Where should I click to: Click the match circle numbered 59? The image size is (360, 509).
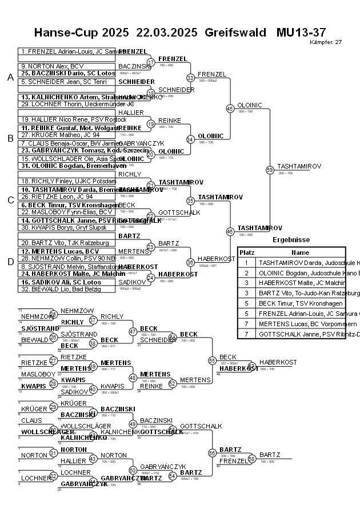[270, 170]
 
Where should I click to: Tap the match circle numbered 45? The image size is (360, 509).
[230, 108]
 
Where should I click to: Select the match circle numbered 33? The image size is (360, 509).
[190, 78]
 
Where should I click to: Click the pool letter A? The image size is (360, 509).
[10, 78]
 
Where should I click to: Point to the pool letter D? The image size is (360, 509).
[10, 262]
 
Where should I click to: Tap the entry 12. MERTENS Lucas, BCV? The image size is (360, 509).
[63, 250]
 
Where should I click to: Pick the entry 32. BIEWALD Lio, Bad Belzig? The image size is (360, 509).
[63, 288]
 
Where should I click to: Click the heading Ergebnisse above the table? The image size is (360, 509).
[291, 240]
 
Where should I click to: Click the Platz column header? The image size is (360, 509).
[247, 252]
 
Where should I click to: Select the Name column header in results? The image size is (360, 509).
[300, 252]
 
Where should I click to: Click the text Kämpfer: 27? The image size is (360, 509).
[326, 42]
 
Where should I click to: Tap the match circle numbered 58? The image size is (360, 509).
[251, 458]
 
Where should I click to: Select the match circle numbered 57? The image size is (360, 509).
[251, 366]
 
